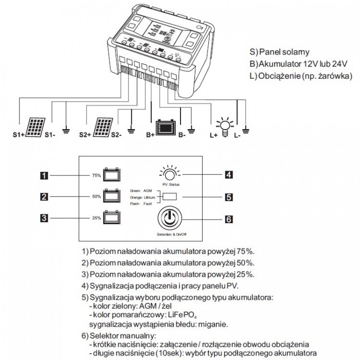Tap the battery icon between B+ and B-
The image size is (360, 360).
coord(166,127)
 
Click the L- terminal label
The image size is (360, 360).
coord(237,136)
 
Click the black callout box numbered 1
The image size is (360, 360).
coord(45,175)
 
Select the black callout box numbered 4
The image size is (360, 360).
coord(229,174)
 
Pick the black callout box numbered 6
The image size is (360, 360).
coord(229,220)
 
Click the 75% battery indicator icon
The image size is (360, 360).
coord(111,175)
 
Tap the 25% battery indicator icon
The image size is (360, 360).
coord(111,218)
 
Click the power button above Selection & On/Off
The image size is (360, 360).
coord(169,218)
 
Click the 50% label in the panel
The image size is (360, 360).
coord(96,197)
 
